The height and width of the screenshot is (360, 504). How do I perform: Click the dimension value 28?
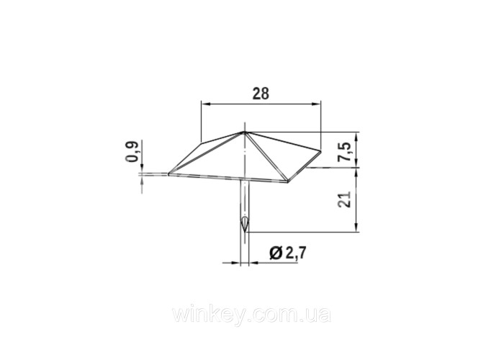(261, 94)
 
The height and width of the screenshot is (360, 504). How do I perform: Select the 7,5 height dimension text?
(345, 152)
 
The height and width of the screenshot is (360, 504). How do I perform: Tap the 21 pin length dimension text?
(345, 200)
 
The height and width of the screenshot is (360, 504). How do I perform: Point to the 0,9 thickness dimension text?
(132, 152)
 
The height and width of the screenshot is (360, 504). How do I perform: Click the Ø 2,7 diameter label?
(288, 253)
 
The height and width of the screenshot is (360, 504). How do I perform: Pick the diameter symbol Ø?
(276, 253)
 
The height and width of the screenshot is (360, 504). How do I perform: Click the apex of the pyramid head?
(244, 132)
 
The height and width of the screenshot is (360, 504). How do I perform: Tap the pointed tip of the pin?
(245, 232)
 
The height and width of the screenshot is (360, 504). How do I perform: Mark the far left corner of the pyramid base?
(168, 174)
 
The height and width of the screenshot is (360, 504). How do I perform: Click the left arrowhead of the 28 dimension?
(206, 104)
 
